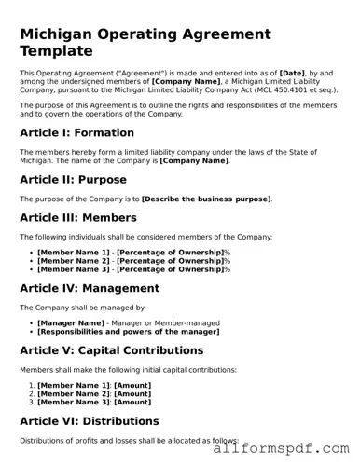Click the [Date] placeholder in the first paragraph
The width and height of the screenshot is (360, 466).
[x=295, y=72]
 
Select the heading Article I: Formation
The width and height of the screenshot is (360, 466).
[x=76, y=133]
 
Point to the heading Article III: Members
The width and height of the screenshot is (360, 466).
[x=78, y=218]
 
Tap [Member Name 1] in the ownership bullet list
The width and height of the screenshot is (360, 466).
[x=73, y=253]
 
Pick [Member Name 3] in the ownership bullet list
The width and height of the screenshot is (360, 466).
[x=73, y=269]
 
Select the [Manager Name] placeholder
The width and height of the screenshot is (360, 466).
[x=70, y=322]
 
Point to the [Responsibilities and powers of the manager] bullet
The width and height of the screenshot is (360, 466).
[x=128, y=331]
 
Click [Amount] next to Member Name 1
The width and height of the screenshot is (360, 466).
[x=132, y=385]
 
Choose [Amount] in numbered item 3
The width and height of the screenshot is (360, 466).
[x=132, y=402]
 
